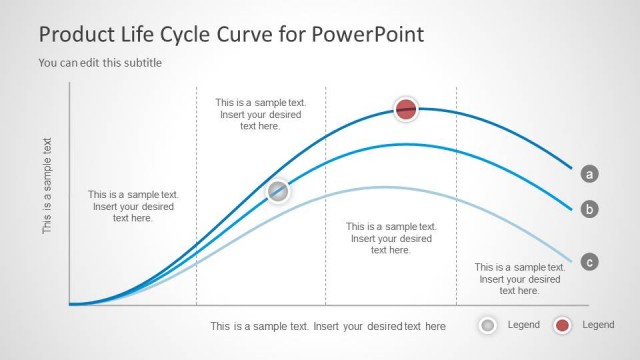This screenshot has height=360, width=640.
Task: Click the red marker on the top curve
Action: tap(405, 110)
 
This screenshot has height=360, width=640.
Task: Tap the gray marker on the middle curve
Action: tap(278, 191)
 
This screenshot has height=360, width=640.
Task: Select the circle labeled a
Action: tap(590, 174)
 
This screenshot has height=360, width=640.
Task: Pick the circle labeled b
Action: tap(590, 209)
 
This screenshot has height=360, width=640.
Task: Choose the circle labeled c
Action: tap(590, 262)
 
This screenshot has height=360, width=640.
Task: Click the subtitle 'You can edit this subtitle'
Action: tap(100, 63)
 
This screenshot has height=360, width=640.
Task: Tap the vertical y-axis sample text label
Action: tap(47, 185)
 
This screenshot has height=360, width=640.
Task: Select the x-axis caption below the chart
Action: tap(328, 326)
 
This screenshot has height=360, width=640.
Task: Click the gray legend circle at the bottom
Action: tap(487, 325)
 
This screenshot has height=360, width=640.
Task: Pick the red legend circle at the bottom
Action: tap(562, 325)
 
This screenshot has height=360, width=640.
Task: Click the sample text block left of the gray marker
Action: tap(133, 206)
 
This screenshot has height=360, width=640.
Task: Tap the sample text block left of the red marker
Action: tap(260, 114)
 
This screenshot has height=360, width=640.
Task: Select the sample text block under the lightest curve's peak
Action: tap(391, 238)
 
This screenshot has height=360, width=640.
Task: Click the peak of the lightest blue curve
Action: tap(383, 187)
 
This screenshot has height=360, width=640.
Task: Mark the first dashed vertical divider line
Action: tap(196, 200)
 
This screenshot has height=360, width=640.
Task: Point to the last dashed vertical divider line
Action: tap(456, 200)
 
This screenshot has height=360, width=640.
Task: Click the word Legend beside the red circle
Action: tap(598, 325)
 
